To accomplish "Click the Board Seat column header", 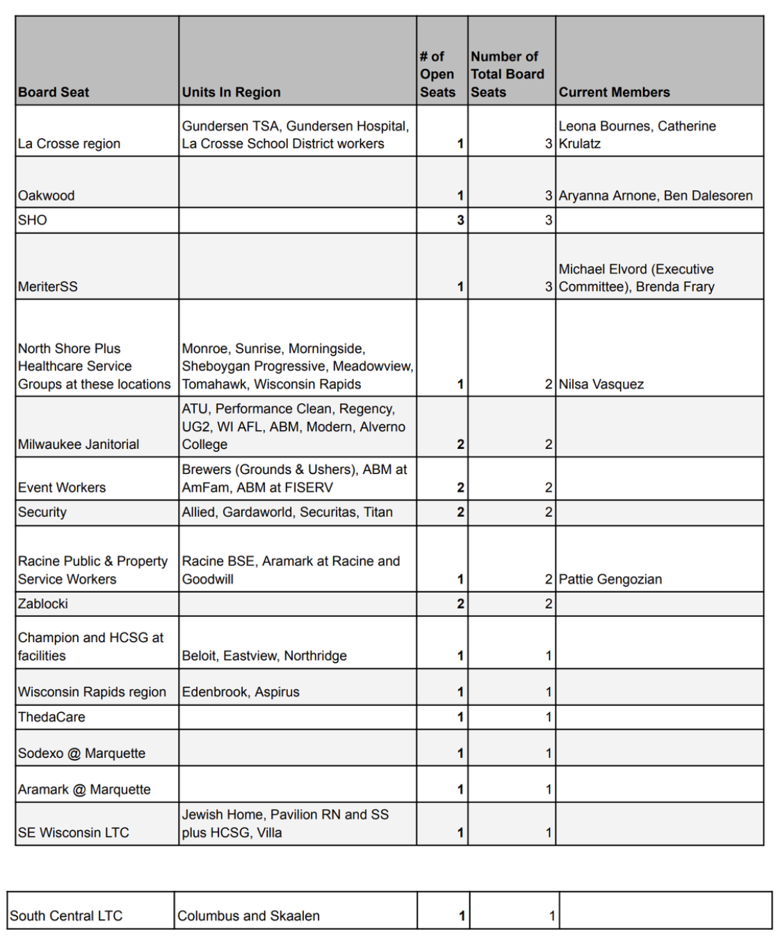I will point(54,92).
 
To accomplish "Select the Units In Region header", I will point(231,92).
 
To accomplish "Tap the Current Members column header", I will point(614,92).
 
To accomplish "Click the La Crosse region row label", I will point(69,144).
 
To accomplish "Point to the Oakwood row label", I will point(46,196).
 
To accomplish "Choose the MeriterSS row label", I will point(47,287).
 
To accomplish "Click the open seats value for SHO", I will point(460,220).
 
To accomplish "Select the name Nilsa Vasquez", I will point(601,384).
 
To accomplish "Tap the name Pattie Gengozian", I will point(610,579).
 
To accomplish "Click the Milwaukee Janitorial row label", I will point(78,445).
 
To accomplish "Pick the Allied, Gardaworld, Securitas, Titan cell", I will point(287,513).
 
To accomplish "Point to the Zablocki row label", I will point(43,604).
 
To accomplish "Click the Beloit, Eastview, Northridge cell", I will point(264,656).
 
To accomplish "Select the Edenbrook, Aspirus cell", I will point(241,692).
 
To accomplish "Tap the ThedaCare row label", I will point(51,717).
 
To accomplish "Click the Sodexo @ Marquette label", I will point(81,753).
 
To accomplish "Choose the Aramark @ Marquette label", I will point(84,789).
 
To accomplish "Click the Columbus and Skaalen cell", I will point(248,916).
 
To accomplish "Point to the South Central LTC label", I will point(66,916).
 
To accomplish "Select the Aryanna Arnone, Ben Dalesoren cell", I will point(655,196).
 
